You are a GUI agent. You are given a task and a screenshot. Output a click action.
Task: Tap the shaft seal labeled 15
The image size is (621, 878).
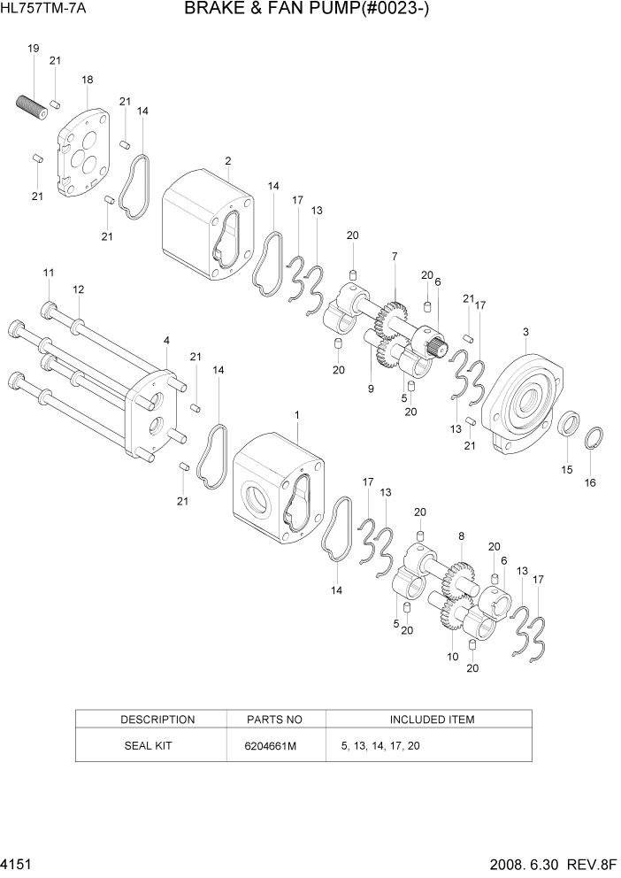click(x=567, y=424)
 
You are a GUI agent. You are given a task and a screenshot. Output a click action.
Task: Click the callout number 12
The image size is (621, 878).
click(x=79, y=289)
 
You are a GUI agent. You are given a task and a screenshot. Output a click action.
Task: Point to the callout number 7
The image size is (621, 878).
click(x=394, y=256)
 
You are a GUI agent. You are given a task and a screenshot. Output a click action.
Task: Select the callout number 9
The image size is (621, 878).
click(x=372, y=389)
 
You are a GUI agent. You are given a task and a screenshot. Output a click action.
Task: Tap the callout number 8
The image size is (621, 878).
click(x=461, y=535)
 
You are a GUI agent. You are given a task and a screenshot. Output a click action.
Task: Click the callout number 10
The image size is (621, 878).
click(x=452, y=656)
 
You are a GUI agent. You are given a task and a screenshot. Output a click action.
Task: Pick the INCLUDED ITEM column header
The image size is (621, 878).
click(x=431, y=720)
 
